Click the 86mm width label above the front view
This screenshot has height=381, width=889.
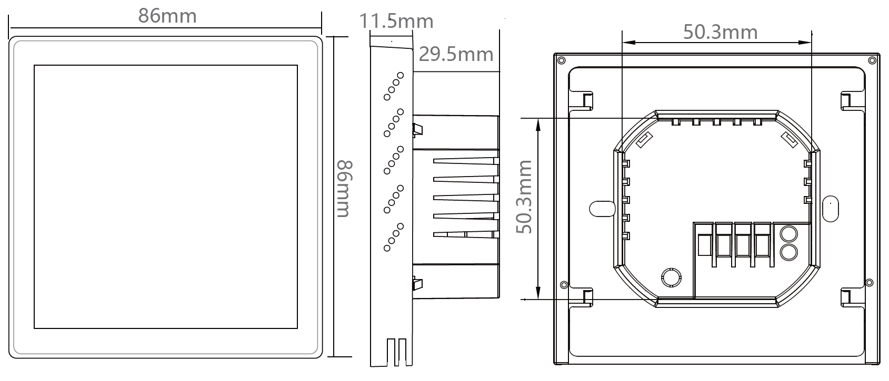click(167, 16)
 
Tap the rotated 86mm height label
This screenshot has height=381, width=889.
click(344, 189)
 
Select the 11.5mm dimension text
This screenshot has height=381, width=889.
click(396, 21)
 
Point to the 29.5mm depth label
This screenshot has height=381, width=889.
click(456, 54)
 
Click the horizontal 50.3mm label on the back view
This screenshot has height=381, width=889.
click(721, 32)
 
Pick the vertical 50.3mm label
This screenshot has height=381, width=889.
click(524, 197)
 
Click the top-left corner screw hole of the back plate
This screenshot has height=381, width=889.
click(561, 60)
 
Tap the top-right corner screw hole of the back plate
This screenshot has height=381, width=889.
click(872, 60)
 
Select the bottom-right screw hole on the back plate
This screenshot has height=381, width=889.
click(869, 283)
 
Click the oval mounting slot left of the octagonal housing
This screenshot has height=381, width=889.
click(602, 209)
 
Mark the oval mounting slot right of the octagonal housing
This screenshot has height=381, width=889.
click(831, 209)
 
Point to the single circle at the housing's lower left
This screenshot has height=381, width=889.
click(672, 277)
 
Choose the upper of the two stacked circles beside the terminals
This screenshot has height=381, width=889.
click(788, 234)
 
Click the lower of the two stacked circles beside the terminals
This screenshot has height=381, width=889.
click(788, 252)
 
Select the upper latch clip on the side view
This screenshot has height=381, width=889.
click(417, 130)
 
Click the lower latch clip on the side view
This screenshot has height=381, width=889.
click(417, 284)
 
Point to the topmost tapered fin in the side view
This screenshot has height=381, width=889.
click(466, 161)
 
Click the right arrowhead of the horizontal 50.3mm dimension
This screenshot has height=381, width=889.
click(805, 43)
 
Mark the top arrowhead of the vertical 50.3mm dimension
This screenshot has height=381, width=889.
click(538, 125)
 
